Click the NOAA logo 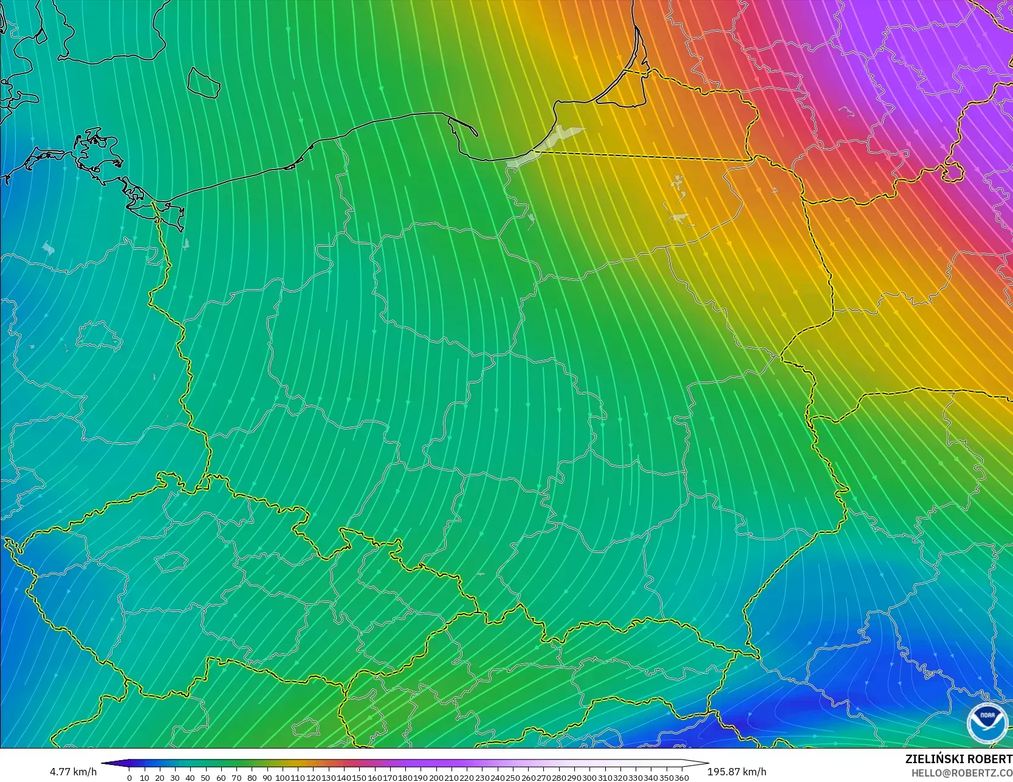coord(986,723)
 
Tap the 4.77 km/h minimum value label coord(73,772)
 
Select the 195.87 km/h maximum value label coord(737,772)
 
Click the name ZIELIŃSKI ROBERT coord(958,759)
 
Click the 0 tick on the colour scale coord(129,777)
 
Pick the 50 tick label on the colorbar coord(205,777)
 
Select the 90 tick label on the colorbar coord(267,777)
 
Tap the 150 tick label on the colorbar coord(360,777)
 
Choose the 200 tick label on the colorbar coord(436,777)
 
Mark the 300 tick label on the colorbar coord(589,777)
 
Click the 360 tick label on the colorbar coord(682,777)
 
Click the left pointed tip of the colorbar coord(103,763)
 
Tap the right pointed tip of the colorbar coord(707,763)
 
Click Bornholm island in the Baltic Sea coord(203,81)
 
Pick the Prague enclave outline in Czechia coord(171,562)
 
